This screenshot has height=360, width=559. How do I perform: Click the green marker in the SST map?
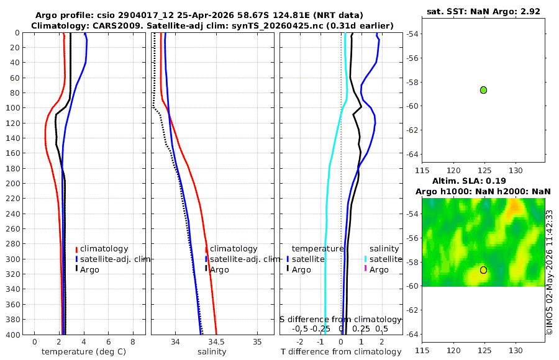tap(483, 90)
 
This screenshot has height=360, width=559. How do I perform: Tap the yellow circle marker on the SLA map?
tap(483, 270)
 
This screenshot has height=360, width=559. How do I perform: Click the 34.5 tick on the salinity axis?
tap(217, 342)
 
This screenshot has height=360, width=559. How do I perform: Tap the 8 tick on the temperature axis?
tap(133, 342)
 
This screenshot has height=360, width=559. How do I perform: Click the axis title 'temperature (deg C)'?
tap(84, 352)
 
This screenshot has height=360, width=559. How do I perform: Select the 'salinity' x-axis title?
tap(212, 352)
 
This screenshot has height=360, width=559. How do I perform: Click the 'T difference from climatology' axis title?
tap(341, 352)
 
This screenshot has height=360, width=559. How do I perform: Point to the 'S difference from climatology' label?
tap(341, 320)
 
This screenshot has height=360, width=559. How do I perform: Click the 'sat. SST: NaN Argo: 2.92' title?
tap(483, 11)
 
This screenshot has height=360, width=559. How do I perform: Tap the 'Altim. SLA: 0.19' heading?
tap(469, 181)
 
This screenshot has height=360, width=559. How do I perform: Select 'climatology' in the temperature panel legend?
tap(104, 249)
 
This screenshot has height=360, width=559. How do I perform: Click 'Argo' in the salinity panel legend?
tap(219, 270)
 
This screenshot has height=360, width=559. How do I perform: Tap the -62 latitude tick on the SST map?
tap(412, 130)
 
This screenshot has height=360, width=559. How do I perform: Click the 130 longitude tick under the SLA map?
tap(516, 351)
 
